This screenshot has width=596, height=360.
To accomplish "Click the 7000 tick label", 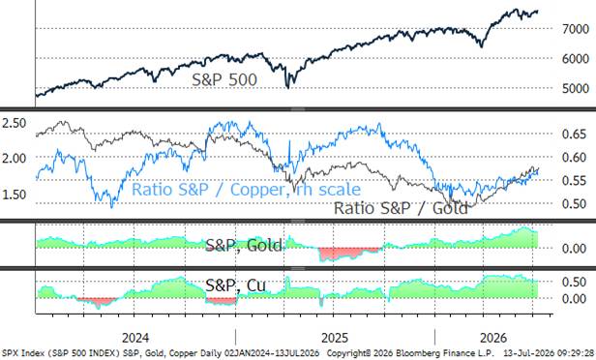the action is (x=576, y=29).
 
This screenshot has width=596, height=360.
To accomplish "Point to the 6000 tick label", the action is (x=576, y=58).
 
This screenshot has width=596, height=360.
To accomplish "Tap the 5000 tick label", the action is (x=576, y=88).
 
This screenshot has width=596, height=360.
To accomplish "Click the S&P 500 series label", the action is (x=224, y=79).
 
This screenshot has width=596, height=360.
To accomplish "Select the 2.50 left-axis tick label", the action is (x=15, y=123).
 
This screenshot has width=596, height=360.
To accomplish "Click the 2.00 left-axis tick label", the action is (x=15, y=158).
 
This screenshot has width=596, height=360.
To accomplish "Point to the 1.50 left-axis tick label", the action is (x=15, y=195).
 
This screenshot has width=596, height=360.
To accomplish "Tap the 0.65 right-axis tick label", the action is (x=574, y=134).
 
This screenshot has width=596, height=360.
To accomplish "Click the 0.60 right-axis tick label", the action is (x=574, y=157).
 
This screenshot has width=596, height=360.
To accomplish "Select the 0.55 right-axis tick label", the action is (x=574, y=180).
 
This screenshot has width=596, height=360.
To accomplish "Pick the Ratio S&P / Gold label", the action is (x=401, y=208).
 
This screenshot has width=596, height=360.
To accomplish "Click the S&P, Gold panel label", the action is (x=244, y=246).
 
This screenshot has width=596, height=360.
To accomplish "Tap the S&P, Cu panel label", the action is (x=236, y=285).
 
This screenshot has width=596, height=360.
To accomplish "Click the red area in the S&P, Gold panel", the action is (x=349, y=253).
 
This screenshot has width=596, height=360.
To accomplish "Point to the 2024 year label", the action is (x=135, y=338).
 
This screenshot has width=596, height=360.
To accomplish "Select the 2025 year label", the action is (x=335, y=338).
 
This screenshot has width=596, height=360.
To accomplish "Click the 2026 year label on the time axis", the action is (x=493, y=338).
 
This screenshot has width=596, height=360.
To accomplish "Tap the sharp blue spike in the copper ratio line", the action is (x=289, y=146).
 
